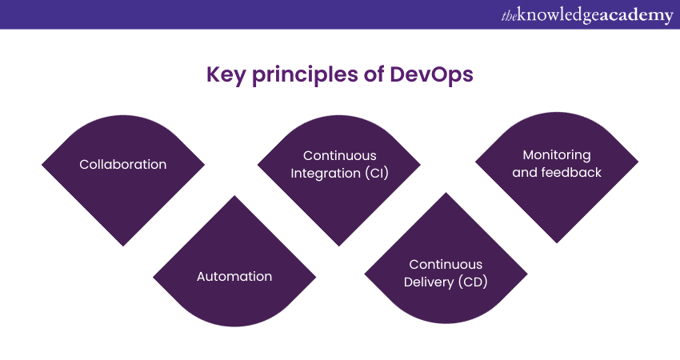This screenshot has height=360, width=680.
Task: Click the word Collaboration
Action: [123, 164]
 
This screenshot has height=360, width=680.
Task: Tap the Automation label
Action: [234, 276]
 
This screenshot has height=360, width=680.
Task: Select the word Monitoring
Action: [557, 155]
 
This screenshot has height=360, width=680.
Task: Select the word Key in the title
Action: [225, 74]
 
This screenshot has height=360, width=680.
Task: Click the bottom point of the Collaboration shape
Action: [123, 246]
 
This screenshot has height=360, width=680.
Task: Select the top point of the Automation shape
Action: [234, 196]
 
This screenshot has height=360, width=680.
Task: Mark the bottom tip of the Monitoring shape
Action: [557, 243]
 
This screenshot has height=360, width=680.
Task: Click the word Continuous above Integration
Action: [339, 155]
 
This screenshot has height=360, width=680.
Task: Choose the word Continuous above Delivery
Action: [446, 264]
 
